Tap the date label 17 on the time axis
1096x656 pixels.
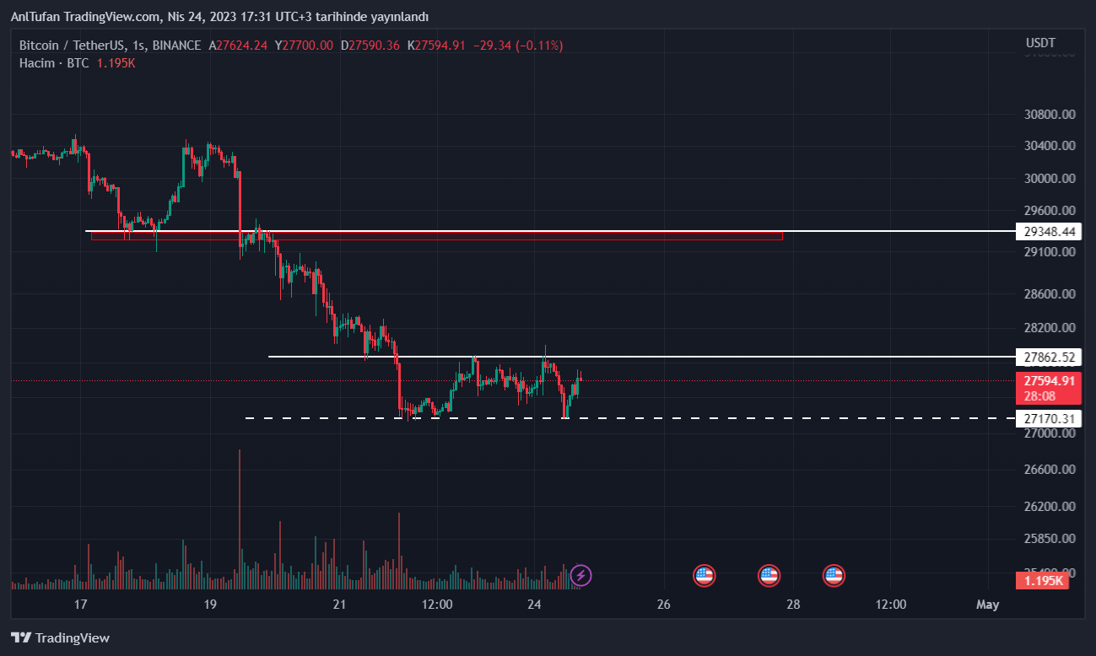(81, 605)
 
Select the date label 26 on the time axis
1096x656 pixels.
(663, 605)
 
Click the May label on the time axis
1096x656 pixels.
(987, 605)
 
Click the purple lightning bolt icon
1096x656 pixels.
(580, 576)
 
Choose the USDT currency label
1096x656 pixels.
(1040, 43)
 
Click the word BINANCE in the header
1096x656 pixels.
(177, 46)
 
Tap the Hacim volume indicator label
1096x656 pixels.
(36, 63)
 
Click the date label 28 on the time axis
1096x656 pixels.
(793, 605)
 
